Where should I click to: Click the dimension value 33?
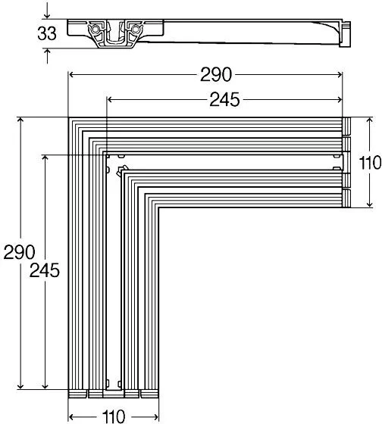click(47, 33)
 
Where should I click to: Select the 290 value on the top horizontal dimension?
click(216, 75)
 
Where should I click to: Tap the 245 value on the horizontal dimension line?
click(224, 99)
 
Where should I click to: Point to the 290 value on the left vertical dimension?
click(19, 252)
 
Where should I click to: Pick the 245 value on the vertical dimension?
click(45, 270)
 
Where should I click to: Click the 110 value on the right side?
click(370, 163)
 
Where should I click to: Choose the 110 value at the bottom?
click(114, 416)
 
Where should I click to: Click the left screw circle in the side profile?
click(95, 29)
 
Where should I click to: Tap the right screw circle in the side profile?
click(135, 29)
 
